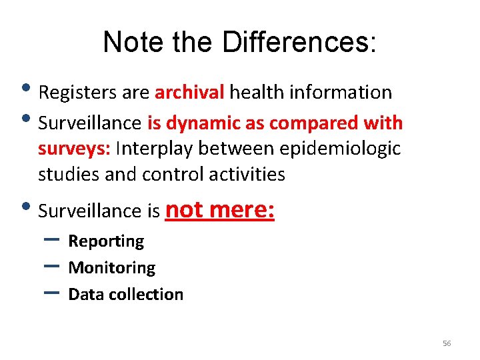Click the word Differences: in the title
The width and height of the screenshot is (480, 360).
299,43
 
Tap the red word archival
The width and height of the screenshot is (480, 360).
189,92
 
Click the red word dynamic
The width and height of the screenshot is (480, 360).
197,123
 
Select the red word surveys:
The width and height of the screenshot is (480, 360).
74,149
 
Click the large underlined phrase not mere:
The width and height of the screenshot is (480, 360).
219,210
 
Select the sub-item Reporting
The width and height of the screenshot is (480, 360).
106,241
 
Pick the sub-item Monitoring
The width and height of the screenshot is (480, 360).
112,268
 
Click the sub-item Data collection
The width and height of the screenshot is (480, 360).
125,295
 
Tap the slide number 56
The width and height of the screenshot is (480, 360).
447,343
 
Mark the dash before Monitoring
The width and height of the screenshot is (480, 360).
55,265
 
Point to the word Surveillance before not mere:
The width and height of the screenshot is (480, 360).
90,212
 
